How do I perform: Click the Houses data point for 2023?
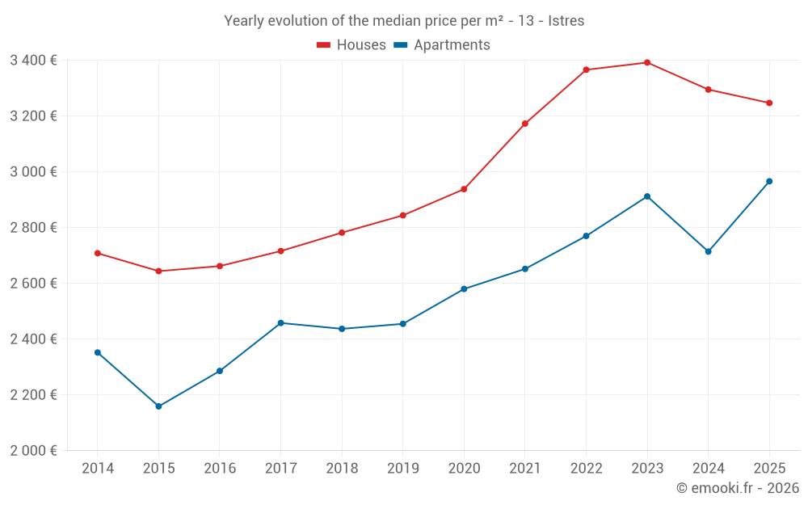pos(647,62)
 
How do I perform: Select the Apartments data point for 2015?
pos(158,406)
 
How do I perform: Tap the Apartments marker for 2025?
pos(769,181)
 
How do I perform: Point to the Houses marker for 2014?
pos(98,253)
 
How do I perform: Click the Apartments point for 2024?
pos(708,251)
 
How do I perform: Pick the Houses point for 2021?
pos(525,124)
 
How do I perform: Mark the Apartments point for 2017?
pos(280,323)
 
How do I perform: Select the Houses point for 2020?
pos(464,189)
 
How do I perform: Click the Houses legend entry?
pos(351,45)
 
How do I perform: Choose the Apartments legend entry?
pos(442,45)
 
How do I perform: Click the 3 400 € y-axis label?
pos(33,60)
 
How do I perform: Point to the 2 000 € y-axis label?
pos(33,450)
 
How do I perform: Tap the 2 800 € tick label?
pos(33,227)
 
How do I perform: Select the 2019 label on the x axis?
pos(402,468)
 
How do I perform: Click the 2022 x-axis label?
pos(586,468)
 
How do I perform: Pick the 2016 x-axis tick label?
pos(220,468)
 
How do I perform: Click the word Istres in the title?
pos(566,21)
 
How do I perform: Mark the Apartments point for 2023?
pos(647,196)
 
